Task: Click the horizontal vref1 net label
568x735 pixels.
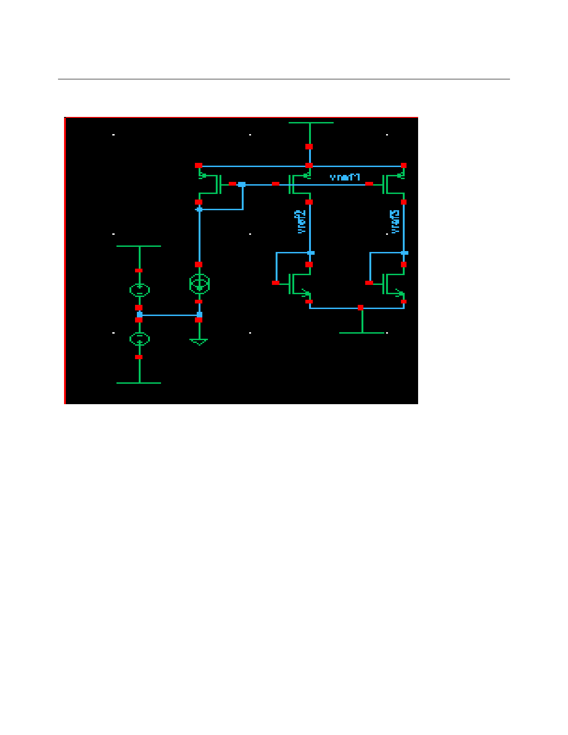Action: point(345,177)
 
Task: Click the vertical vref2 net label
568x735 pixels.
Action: point(301,222)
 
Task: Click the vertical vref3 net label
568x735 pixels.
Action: point(395,222)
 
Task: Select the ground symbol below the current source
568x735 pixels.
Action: point(199,342)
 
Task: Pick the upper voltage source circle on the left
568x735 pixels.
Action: point(139,290)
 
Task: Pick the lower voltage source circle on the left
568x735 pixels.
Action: point(139,339)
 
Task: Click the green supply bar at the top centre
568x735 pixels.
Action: point(310,123)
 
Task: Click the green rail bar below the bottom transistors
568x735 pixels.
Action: point(361,333)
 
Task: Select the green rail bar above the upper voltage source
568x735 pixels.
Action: point(139,246)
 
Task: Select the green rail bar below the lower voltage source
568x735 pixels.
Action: point(139,383)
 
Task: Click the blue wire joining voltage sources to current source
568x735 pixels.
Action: point(169,315)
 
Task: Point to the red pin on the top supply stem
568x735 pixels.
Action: point(309,147)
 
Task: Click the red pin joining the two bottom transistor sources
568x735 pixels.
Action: point(361,308)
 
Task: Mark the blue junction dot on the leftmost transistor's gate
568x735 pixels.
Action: point(242,184)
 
